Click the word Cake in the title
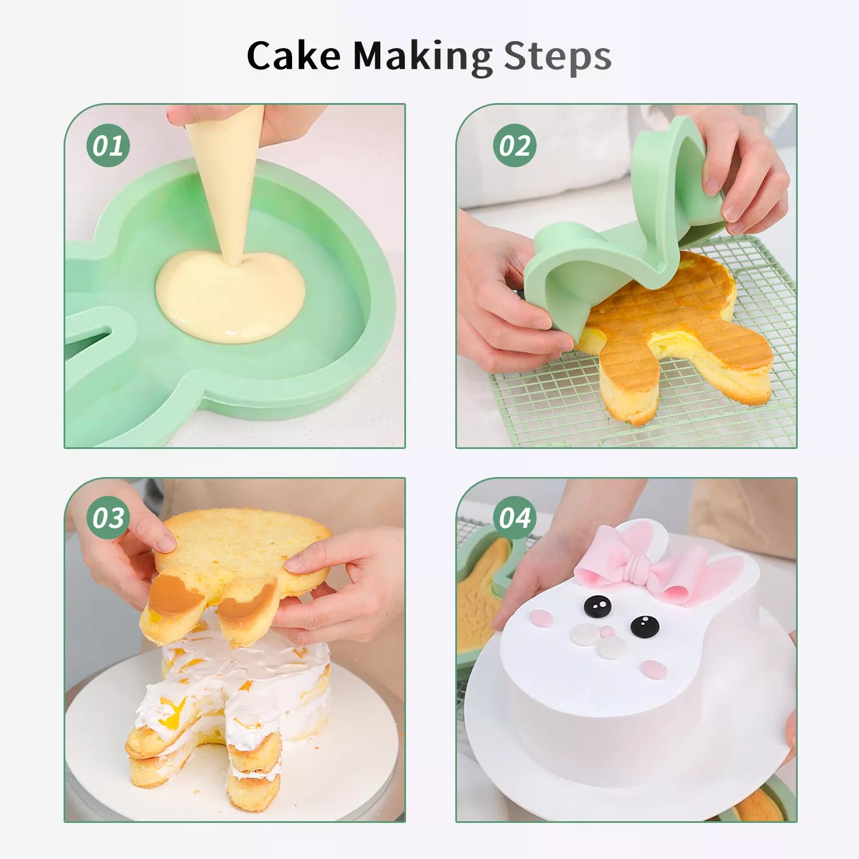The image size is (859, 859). pyautogui.click(x=294, y=56)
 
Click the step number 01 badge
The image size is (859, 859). pyautogui.click(x=108, y=145)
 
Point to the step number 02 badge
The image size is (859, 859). pyautogui.click(x=515, y=145)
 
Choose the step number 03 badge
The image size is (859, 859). pyautogui.click(x=108, y=518)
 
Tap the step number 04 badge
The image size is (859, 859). pyautogui.click(x=515, y=518)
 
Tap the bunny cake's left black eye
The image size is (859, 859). pyautogui.click(x=597, y=606)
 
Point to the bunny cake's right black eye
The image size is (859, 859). pyautogui.click(x=645, y=626)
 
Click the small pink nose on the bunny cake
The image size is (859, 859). pyautogui.click(x=608, y=632)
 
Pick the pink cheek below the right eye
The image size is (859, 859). pyautogui.click(x=653, y=669)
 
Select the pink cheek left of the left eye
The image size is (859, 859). pyautogui.click(x=541, y=618)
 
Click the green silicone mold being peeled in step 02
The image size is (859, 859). pyautogui.click(x=624, y=241)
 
